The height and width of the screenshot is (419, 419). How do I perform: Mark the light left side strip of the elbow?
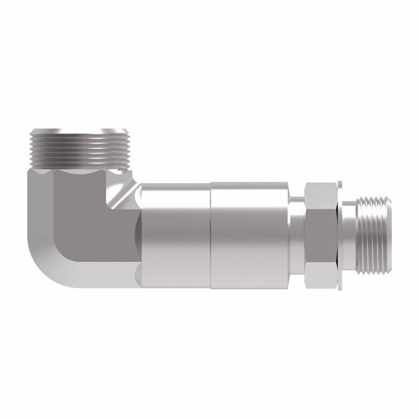[x=38, y=209]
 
